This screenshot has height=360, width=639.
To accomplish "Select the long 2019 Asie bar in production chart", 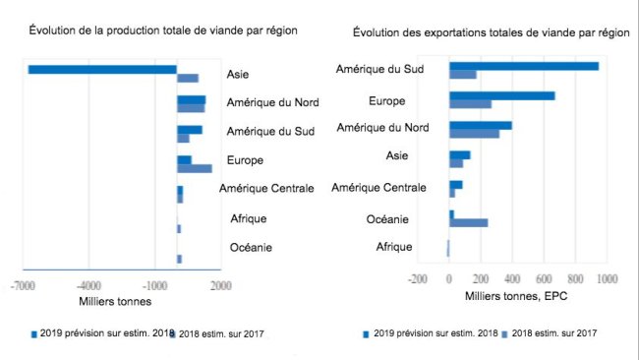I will click(x=102, y=70).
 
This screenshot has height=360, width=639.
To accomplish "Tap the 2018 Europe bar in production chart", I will click(x=194, y=169).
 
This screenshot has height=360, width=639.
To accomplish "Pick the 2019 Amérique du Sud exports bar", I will click(x=523, y=66).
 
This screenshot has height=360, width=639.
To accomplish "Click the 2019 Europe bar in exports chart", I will click(x=501, y=95).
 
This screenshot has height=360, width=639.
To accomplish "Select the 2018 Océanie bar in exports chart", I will click(x=468, y=222).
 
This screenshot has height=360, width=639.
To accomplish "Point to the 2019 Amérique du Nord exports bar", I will click(x=480, y=125).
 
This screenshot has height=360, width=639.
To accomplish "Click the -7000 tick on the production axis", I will click(x=24, y=285).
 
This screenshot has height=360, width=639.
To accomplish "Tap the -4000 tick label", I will click(x=87, y=285).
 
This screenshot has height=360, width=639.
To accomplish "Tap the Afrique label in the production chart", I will click(x=248, y=218).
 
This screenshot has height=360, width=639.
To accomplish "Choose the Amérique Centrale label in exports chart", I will click(x=378, y=188).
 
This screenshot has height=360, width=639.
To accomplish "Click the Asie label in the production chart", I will click(x=238, y=74).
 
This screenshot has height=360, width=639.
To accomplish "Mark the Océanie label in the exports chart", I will click(x=387, y=218).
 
